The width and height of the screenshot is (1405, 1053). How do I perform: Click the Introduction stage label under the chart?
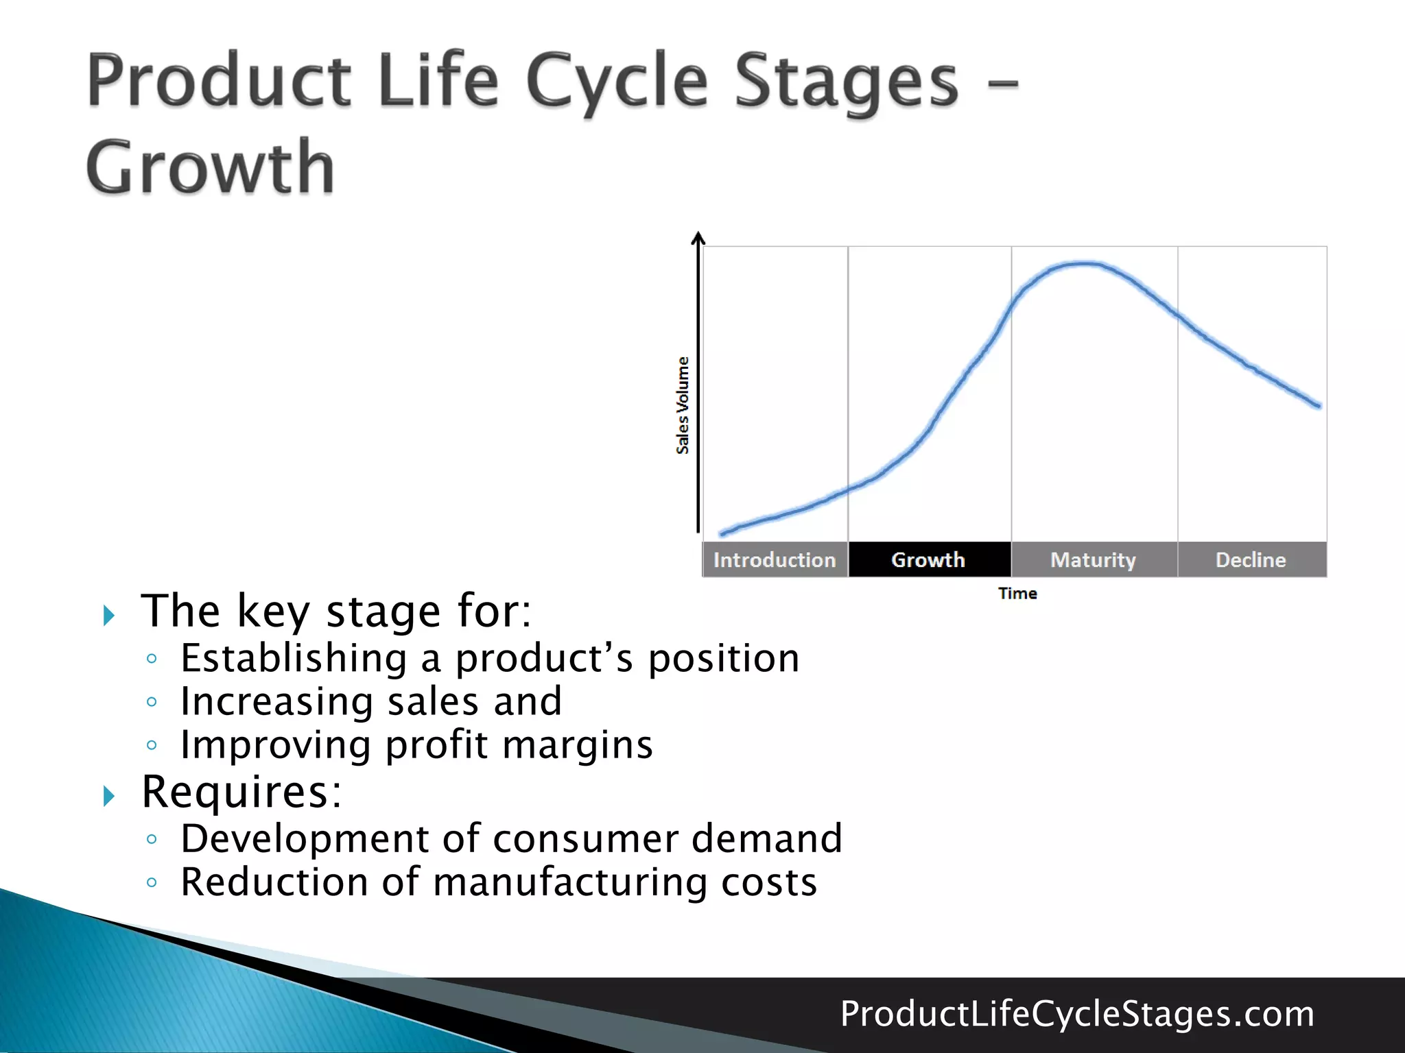(x=775, y=559)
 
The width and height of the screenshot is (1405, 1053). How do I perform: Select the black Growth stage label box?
(x=929, y=559)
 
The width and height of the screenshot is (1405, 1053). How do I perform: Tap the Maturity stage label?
(x=1094, y=559)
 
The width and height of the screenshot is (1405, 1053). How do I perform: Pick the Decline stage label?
(x=1251, y=559)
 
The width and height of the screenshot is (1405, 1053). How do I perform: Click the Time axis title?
(x=1017, y=593)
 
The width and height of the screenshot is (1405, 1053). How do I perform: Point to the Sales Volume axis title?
(x=683, y=405)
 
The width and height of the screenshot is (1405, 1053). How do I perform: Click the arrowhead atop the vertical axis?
(x=698, y=237)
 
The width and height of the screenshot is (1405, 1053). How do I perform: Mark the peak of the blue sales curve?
(x=1083, y=263)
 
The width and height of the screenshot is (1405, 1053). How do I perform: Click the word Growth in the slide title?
(x=211, y=167)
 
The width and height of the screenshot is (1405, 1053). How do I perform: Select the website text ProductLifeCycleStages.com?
(x=1077, y=1013)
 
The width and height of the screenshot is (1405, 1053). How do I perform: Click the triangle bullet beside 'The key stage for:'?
(x=109, y=615)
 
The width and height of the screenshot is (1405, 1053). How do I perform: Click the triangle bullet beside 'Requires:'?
(x=109, y=796)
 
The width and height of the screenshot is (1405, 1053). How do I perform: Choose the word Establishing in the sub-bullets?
(x=294, y=658)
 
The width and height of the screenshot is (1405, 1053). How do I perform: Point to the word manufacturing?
(x=570, y=882)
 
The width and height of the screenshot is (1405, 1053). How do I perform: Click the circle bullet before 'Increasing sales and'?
(x=152, y=702)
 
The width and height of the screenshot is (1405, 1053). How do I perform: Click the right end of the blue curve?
(x=1318, y=405)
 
